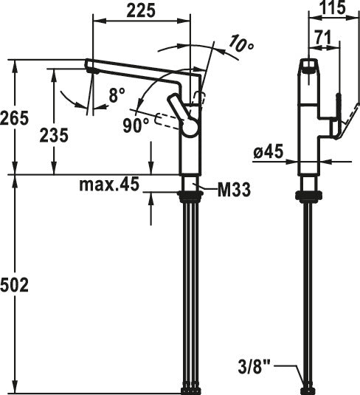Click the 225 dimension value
[x=141, y=11]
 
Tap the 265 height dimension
[x=14, y=118]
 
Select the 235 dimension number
[x=54, y=135]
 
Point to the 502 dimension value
[x=14, y=286]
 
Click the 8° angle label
[x=117, y=95]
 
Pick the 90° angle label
[x=136, y=126]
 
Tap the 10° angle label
[x=241, y=44]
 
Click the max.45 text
[x=109, y=184]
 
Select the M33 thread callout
[x=234, y=190]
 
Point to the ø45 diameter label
[x=269, y=152]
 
